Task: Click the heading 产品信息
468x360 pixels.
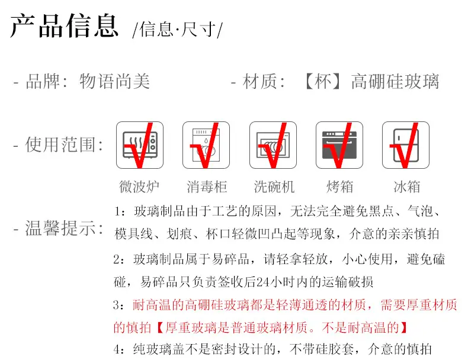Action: [64, 26]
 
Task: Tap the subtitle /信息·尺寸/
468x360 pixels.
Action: [178, 30]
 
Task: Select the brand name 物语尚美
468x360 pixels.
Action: [114, 81]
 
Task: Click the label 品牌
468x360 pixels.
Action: [43, 81]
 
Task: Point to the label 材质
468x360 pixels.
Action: [259, 82]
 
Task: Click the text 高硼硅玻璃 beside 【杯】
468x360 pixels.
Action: [395, 82]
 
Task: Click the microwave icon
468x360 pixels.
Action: [140, 145]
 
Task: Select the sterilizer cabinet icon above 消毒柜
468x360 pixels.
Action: [206, 145]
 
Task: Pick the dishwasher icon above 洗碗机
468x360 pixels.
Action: [273, 145]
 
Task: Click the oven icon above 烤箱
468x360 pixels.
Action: [339, 145]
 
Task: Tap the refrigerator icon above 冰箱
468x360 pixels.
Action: [406, 145]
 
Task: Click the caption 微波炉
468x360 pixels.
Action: [139, 187]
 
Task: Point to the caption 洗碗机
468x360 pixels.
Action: [274, 187]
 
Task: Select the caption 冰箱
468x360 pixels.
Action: [407, 187]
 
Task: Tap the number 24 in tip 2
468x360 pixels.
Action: [263, 282]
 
